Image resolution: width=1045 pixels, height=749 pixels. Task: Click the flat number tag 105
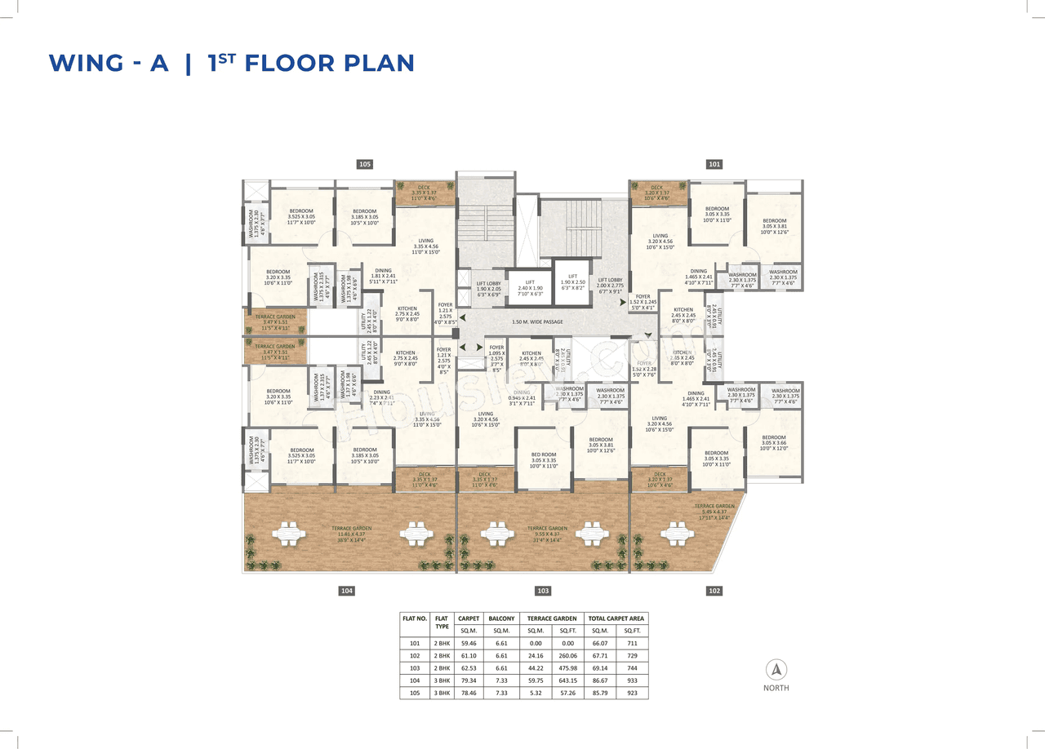[x=365, y=164]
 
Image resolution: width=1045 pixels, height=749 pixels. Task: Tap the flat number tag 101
[x=714, y=164]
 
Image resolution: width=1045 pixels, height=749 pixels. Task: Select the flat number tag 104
[x=347, y=591]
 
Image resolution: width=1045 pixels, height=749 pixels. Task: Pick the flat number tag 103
[x=543, y=591]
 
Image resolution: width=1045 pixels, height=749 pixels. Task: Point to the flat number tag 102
[x=714, y=591]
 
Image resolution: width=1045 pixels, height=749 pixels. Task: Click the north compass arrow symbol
[x=776, y=670]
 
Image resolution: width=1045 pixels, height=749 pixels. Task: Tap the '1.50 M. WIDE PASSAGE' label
[x=538, y=322]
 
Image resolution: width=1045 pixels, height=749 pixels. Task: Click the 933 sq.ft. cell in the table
[x=633, y=680]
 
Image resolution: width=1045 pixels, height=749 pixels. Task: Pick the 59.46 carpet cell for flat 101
[x=469, y=643]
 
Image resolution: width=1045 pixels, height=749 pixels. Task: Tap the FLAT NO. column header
[x=415, y=618]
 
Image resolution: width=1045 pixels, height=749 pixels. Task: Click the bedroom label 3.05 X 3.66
[x=774, y=442]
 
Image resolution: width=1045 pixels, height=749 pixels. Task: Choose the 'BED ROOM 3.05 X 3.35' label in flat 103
[x=544, y=460]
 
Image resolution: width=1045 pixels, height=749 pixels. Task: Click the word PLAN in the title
[x=376, y=64]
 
